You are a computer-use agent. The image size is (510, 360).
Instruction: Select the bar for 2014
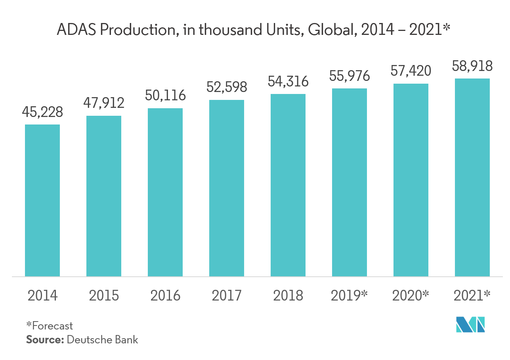coord(42,200)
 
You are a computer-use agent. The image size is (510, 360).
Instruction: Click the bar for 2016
coord(165,192)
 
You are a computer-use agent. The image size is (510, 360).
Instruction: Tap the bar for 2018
coord(288,185)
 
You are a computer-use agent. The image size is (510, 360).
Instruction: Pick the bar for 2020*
coord(411,180)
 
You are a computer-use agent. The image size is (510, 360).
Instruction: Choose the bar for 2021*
coord(472,177)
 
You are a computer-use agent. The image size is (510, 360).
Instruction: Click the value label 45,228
coord(42,112)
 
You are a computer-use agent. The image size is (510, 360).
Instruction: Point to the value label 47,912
coord(104,103)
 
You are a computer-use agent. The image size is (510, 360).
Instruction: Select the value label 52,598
coord(227,87)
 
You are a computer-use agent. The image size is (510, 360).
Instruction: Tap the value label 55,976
coord(350,76)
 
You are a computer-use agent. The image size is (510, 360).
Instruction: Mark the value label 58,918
coord(472,66)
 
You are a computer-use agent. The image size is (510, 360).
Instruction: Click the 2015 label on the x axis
coord(104,295)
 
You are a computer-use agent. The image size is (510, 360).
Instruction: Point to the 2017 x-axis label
coord(227,295)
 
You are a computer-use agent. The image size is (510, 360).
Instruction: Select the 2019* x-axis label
coord(350,295)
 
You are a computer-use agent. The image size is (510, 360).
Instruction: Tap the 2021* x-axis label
coord(472,295)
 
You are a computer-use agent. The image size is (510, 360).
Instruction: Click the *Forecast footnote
coord(50,326)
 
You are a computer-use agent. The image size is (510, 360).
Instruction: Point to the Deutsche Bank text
coord(103,340)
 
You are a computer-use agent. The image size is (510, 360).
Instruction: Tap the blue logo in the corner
coord(470,325)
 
